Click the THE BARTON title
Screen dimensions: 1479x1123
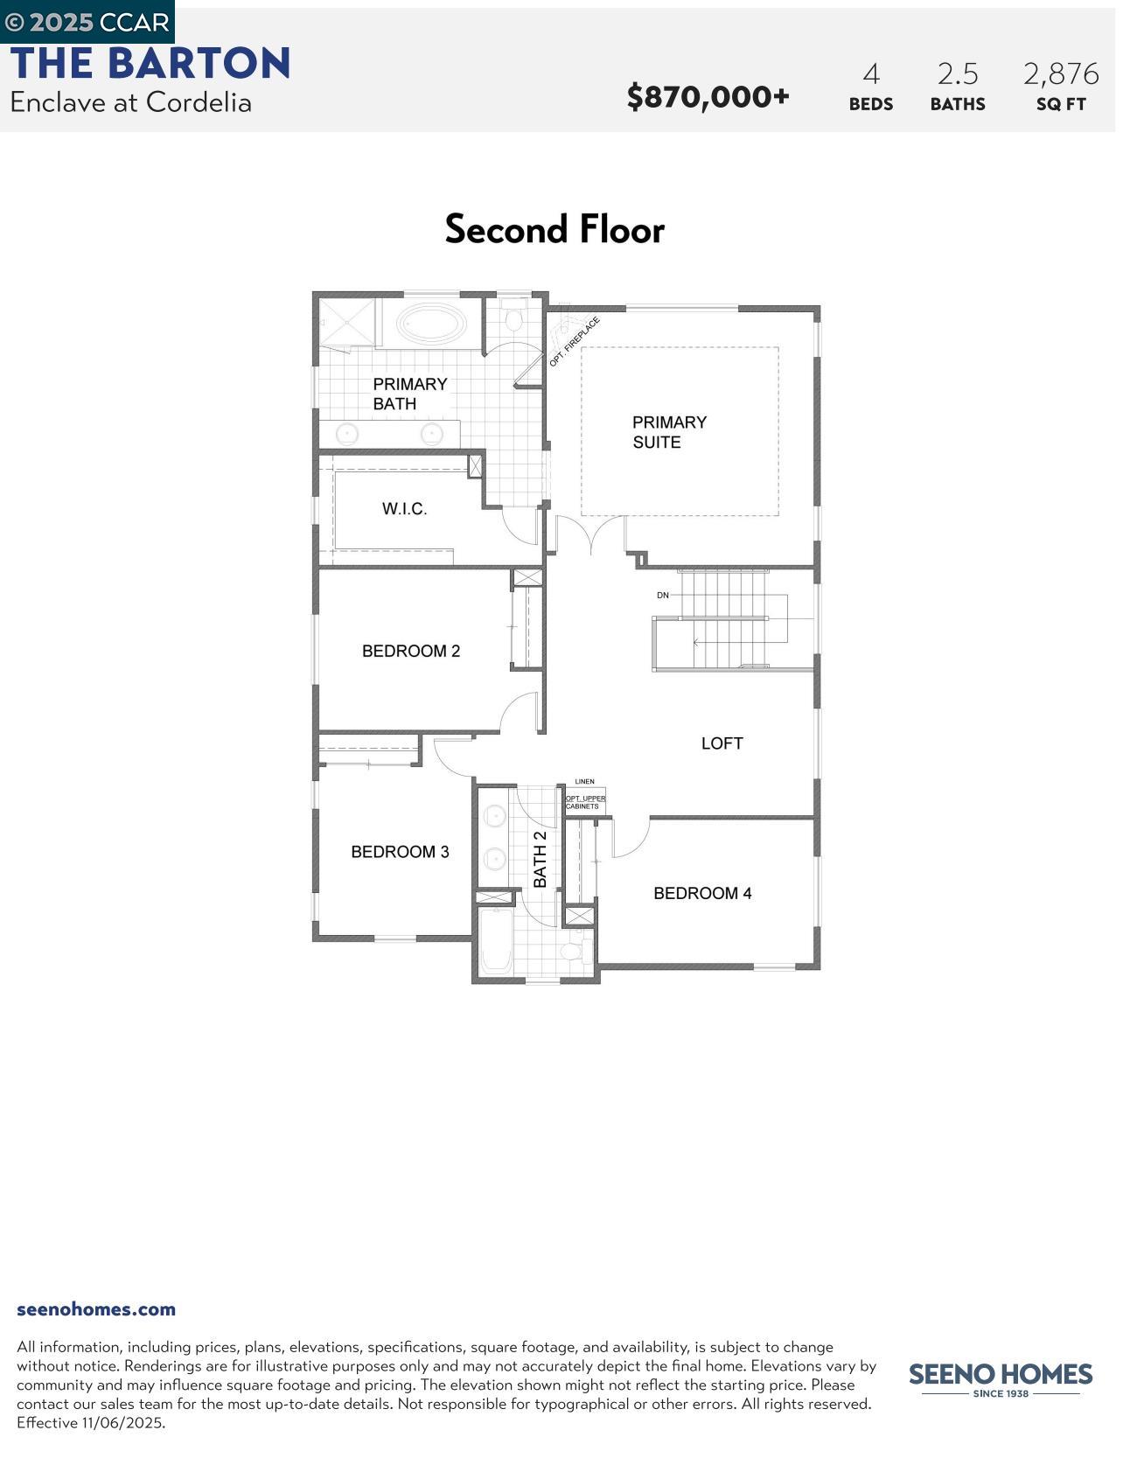[x=150, y=64]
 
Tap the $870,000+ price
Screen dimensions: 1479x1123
[x=708, y=96]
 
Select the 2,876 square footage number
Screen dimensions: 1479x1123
[x=1061, y=74]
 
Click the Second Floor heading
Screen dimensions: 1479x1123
[x=555, y=230]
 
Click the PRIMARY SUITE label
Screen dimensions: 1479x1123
[x=669, y=432]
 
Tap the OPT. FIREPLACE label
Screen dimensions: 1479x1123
[x=575, y=342]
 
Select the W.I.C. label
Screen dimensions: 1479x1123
[x=404, y=509]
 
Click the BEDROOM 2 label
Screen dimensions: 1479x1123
[x=411, y=651]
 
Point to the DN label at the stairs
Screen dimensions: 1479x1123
[x=663, y=596]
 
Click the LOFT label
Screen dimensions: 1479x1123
[x=722, y=743]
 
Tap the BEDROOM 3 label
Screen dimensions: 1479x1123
[x=400, y=852]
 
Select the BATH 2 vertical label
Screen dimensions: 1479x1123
[x=541, y=859]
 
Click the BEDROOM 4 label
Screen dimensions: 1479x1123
[x=702, y=893]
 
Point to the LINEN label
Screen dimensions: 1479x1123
[x=584, y=782]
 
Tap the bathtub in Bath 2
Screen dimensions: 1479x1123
[x=495, y=943]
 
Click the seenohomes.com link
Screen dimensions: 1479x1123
[x=96, y=1309]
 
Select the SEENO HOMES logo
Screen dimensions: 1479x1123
[x=1001, y=1378]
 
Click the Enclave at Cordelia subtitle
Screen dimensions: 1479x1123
[x=131, y=102]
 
